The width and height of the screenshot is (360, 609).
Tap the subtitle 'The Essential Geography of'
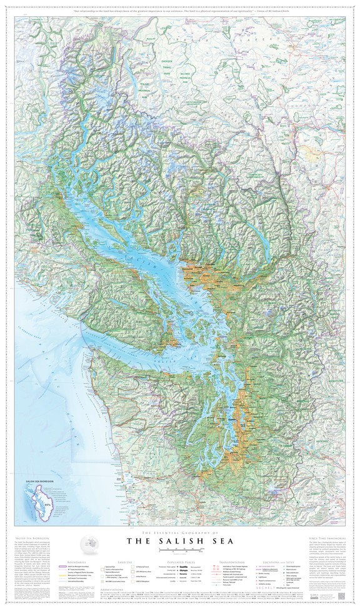179,530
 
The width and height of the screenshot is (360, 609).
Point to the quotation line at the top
180,12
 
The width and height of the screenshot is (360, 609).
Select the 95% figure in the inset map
46,503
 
